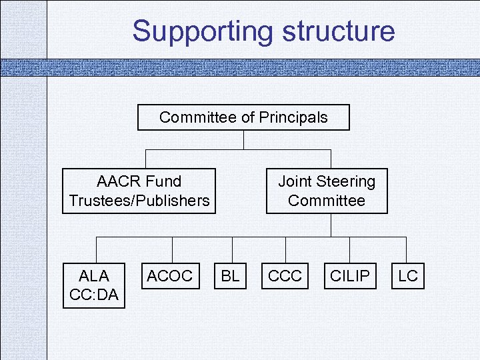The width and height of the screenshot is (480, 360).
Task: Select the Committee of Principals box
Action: pyautogui.click(x=243, y=118)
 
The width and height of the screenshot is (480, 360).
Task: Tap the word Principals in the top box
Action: pyautogui.click(x=293, y=118)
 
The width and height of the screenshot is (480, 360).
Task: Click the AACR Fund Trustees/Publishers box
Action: pyautogui.click(x=139, y=191)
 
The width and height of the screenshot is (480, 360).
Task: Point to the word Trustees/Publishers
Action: pyautogui.click(x=139, y=201)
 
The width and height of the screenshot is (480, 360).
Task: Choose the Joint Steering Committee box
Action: pyautogui.click(x=327, y=191)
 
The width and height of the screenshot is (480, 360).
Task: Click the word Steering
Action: pyautogui.click(x=345, y=181)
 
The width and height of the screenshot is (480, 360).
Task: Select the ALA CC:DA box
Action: pyautogui.click(x=94, y=285)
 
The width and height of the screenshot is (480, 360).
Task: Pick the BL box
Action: pyautogui.click(x=230, y=276)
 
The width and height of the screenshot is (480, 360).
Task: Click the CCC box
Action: pyautogui.click(x=285, y=276)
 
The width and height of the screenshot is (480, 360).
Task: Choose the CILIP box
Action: pyautogui.click(x=349, y=276)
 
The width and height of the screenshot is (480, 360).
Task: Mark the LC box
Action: pyautogui.click(x=407, y=276)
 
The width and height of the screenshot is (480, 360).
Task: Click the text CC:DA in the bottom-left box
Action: pyautogui.click(x=94, y=295)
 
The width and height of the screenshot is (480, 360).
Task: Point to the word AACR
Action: pyautogui.click(x=117, y=181)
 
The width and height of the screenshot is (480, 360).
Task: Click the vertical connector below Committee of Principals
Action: pyautogui.click(x=244, y=139)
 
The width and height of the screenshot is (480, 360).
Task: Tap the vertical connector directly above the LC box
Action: pyautogui.click(x=406, y=248)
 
